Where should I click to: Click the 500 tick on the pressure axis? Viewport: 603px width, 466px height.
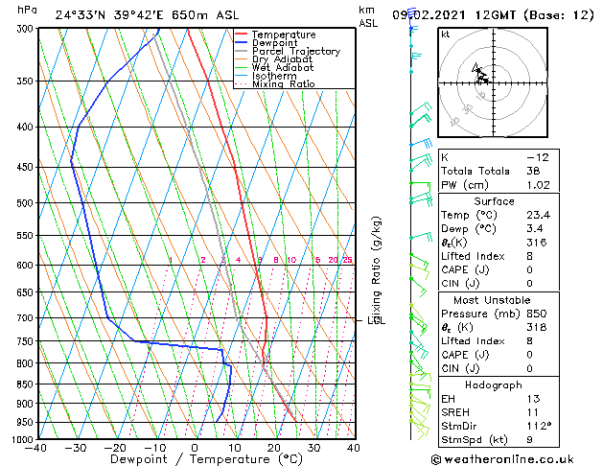tap(23, 203)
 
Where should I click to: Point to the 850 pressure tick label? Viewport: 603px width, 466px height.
tap(23, 384)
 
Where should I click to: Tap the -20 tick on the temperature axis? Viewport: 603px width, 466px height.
tap(115, 447)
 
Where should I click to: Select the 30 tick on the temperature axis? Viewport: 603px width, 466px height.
tap(313, 447)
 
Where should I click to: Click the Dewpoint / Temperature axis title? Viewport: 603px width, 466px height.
tap(195, 459)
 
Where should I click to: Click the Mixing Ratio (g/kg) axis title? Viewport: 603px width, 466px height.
tap(377, 271)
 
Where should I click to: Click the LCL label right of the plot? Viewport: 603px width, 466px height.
tap(376, 320)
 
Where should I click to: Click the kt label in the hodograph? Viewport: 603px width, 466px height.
tap(445, 34)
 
